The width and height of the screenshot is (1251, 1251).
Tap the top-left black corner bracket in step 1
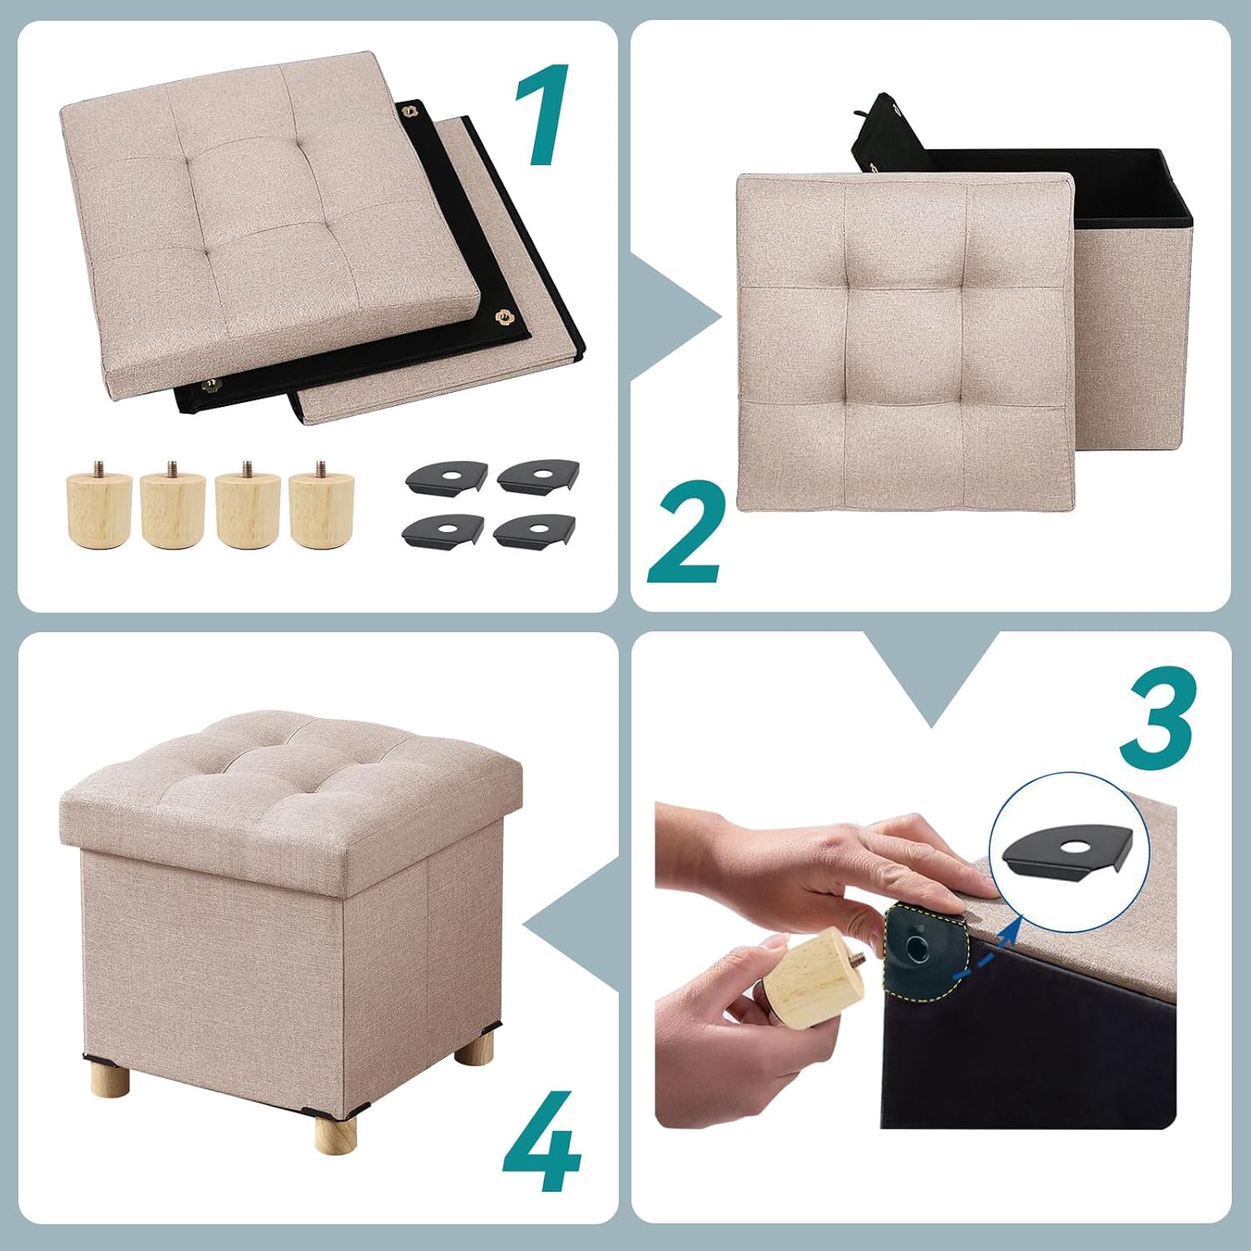pyautogui.click(x=446, y=479)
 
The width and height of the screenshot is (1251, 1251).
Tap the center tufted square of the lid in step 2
pyautogui.click(x=904, y=344)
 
